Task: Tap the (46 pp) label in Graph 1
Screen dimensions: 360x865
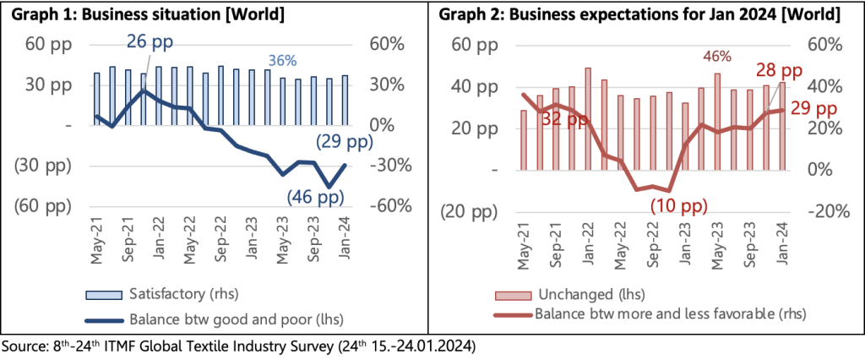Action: (x=314, y=198)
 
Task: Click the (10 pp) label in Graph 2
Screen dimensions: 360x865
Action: (x=680, y=204)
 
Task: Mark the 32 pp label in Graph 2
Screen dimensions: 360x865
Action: (x=564, y=119)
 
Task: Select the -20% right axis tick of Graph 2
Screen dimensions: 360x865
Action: (x=827, y=210)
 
